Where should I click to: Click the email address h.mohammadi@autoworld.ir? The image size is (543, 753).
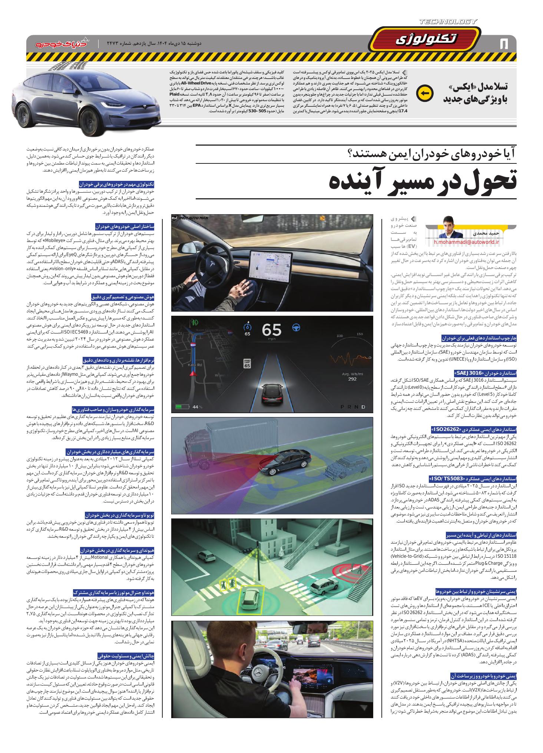472,242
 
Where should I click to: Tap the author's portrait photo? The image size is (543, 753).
451,227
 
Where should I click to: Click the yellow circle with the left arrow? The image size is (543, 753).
425,93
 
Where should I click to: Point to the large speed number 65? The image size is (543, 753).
272,330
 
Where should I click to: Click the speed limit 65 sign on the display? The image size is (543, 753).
247,363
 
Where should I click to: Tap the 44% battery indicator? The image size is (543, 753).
189,407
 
